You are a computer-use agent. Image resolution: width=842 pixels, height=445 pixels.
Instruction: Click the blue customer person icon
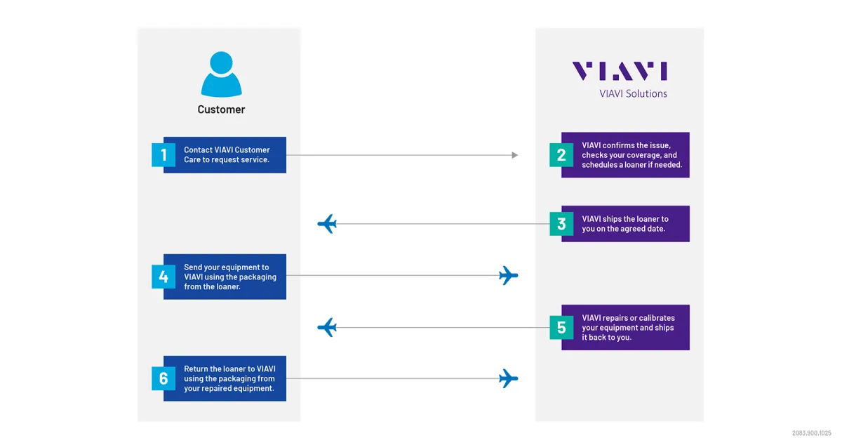coord(221,74)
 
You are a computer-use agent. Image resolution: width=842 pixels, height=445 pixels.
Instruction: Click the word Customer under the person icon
coord(221,109)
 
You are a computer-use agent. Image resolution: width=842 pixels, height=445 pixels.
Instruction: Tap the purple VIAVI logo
coord(619,72)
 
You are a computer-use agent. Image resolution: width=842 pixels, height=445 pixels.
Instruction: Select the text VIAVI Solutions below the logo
coord(633,93)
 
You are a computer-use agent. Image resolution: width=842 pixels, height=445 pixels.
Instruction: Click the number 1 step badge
coord(163,154)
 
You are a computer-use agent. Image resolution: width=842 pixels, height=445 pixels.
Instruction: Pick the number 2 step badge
coord(561,154)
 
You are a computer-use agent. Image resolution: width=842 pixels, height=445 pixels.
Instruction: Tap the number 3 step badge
coord(561,224)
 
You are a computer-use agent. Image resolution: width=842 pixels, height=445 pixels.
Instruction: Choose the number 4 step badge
coord(163,277)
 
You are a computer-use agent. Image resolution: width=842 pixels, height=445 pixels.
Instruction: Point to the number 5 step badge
coord(561,328)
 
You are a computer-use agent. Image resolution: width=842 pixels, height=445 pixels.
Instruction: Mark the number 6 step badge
coord(163,379)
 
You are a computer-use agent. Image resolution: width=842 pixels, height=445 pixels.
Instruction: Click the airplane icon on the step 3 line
coord(327,224)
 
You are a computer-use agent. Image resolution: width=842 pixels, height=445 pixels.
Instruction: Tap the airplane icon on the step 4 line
coord(508,276)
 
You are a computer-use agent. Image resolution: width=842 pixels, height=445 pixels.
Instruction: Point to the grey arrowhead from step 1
coord(514,155)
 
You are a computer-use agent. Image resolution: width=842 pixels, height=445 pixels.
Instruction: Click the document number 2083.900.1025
coord(812,433)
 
